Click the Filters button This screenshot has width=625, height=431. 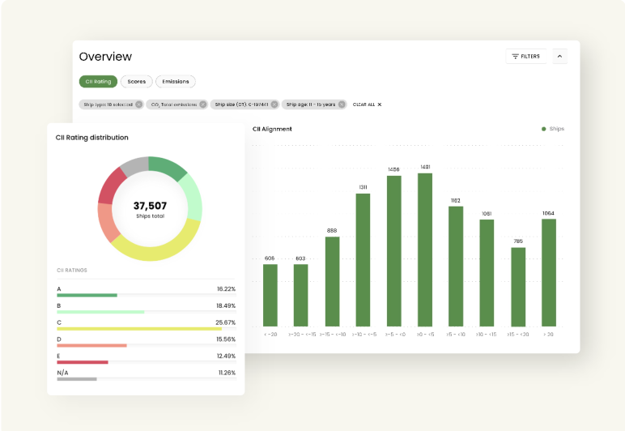[526, 57]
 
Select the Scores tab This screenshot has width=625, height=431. [137, 82]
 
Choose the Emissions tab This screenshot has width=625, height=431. [176, 82]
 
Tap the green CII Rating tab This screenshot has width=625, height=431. [98, 82]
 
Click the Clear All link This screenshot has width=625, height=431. [367, 105]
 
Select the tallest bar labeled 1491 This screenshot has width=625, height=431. [425, 250]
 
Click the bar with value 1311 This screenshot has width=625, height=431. [363, 259]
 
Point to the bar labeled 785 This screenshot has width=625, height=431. [518, 287]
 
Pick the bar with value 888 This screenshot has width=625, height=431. [332, 281]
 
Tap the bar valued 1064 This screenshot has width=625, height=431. [549, 272]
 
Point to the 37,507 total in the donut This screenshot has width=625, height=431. [150, 206]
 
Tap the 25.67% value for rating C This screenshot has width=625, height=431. [226, 322]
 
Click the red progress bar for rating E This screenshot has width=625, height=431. [83, 362]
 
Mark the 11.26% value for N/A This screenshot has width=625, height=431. [226, 373]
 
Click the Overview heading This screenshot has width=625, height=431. [105, 57]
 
